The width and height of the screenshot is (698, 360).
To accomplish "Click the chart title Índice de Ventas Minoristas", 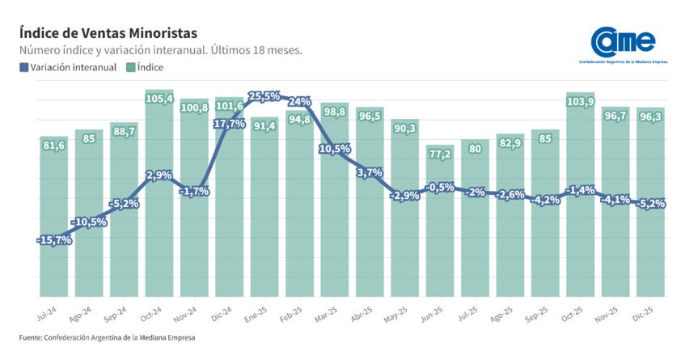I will (x=108, y=33).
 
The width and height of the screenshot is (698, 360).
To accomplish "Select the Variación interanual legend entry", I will (x=68, y=67).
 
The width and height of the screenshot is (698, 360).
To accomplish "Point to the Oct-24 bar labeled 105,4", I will (x=159, y=194).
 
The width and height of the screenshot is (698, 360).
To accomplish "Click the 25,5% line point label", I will (x=264, y=96).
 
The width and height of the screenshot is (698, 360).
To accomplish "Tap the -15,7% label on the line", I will (x=55, y=240).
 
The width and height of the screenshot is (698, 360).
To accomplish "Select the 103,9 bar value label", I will (x=581, y=101).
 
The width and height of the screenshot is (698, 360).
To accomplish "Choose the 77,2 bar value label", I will (x=440, y=153).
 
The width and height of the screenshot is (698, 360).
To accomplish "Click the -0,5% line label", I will (x=440, y=188).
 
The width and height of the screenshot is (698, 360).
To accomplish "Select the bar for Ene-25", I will (x=264, y=210).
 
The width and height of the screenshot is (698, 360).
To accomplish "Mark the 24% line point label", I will (x=300, y=101).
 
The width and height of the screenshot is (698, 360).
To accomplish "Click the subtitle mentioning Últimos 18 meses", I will (x=160, y=50).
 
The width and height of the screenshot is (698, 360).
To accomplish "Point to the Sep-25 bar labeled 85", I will (x=545, y=218).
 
